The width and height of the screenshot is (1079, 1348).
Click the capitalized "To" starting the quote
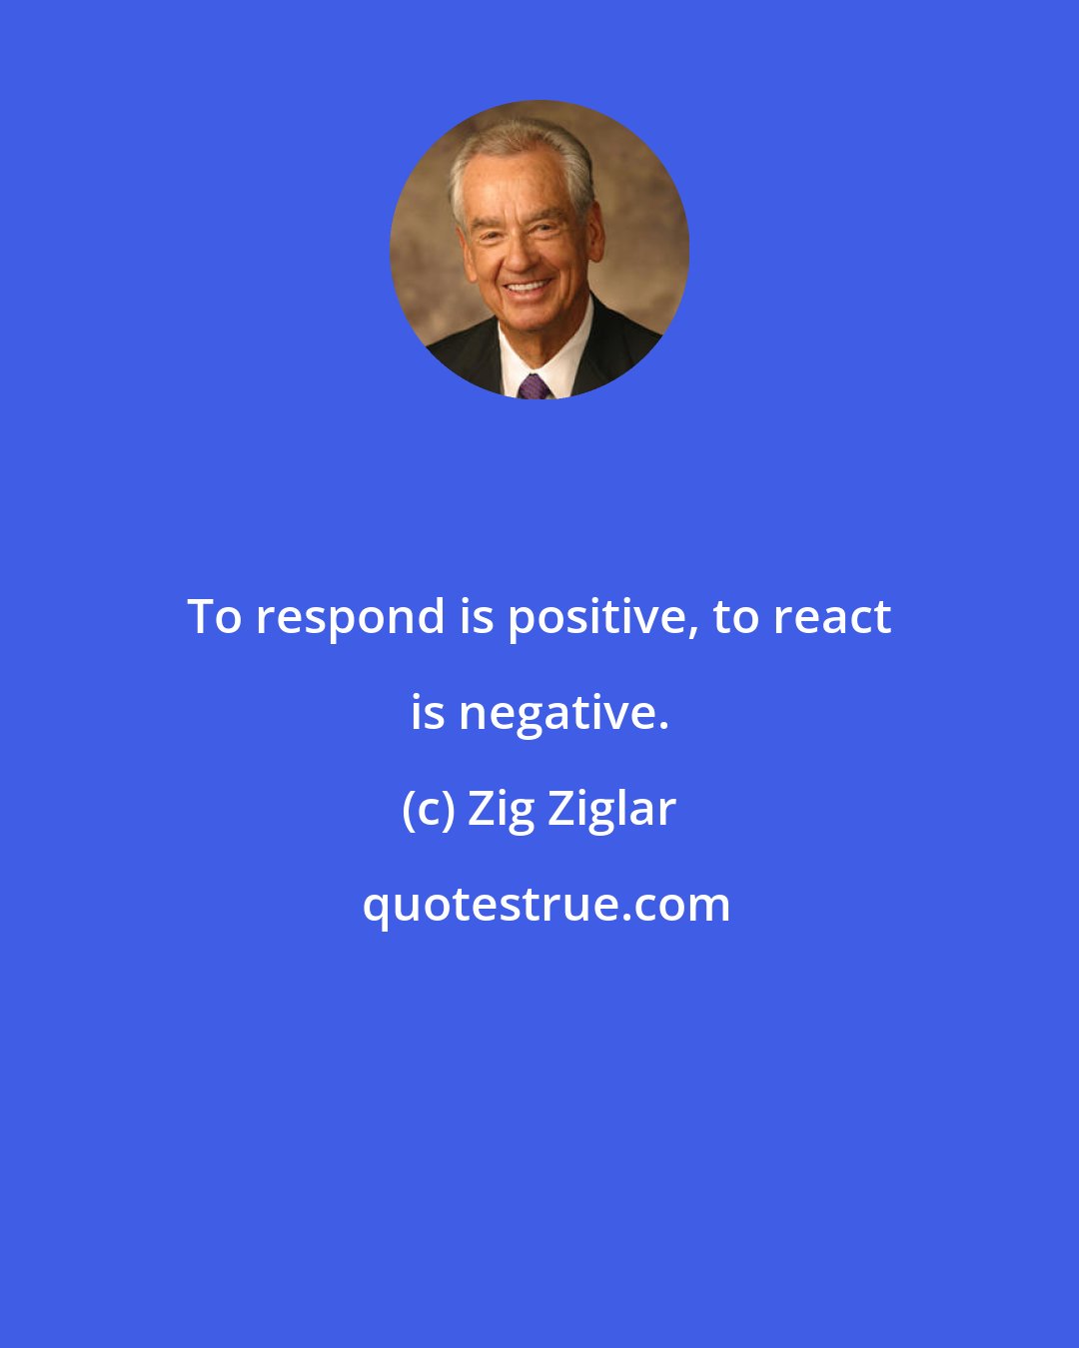[x=214, y=616]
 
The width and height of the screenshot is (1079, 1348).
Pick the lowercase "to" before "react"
[x=734, y=617]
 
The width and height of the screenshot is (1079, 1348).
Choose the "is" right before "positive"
[x=477, y=616]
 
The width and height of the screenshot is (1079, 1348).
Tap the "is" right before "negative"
[x=428, y=712]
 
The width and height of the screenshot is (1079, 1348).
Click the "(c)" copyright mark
[x=428, y=810]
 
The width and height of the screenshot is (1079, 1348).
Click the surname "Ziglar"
[x=611, y=810]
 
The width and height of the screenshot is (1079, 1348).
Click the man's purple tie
[x=534, y=386]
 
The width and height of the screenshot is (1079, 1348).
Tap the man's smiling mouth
[x=526, y=289]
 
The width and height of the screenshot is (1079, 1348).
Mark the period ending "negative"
[x=662, y=726]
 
